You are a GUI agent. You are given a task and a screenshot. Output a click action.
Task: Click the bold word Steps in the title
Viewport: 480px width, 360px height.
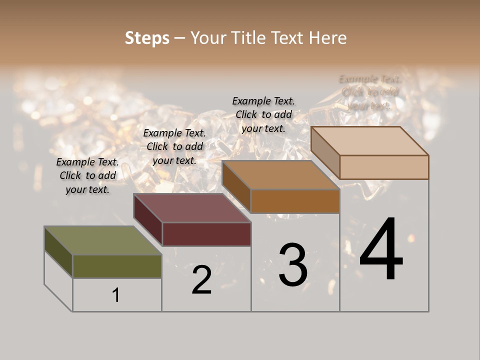[147, 38]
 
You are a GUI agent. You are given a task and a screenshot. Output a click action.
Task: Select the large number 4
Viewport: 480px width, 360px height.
[381, 249]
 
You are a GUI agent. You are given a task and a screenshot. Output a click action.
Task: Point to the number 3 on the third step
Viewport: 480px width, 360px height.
[293, 265]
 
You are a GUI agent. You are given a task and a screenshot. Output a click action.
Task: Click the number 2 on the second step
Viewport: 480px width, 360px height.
[202, 280]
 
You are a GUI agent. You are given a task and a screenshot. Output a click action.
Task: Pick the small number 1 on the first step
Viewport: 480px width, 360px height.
[116, 295]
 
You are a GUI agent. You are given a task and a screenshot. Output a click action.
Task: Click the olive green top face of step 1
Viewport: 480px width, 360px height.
[102, 240]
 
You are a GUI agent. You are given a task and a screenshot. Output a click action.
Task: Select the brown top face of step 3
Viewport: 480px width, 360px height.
[280, 175]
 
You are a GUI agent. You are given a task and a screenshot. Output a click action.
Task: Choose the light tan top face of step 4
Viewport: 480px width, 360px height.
[370, 141]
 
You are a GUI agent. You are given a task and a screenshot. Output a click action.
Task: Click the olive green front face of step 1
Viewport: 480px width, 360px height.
[117, 266]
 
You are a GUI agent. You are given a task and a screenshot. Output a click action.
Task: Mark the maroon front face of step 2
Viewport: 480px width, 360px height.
[206, 234]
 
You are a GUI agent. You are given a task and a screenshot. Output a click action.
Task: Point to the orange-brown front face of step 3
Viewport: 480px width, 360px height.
[295, 201]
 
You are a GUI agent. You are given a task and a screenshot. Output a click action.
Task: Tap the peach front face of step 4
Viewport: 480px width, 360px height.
[384, 167]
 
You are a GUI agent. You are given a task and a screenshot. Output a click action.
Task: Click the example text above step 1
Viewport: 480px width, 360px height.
[87, 175]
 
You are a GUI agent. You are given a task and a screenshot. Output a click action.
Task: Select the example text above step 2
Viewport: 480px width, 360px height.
[174, 146]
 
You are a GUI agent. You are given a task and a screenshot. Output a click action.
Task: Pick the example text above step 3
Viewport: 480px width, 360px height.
[263, 114]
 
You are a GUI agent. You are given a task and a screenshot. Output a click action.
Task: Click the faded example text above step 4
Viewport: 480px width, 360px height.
[370, 92]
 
